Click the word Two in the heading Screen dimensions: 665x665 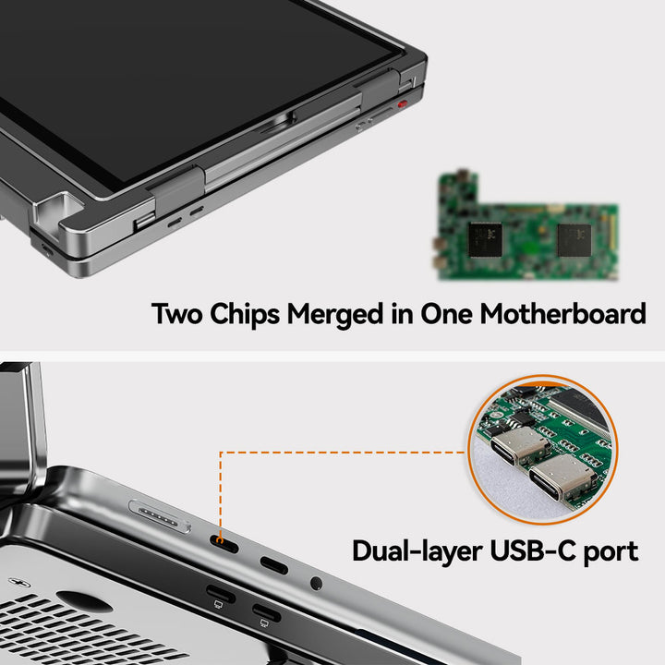(x=176, y=314)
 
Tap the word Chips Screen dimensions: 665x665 (x=245, y=314)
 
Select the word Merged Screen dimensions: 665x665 (x=335, y=315)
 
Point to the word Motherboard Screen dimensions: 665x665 (x=562, y=314)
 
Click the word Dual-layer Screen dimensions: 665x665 (x=417, y=551)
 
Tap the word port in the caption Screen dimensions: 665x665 (x=611, y=552)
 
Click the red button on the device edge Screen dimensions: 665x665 (x=402, y=103)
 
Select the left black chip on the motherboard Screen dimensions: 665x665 (x=485, y=240)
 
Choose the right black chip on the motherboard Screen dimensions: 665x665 (x=574, y=240)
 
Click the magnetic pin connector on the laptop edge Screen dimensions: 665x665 (x=160, y=516)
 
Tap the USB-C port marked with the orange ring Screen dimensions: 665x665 (x=224, y=544)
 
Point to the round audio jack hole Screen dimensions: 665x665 (x=316, y=583)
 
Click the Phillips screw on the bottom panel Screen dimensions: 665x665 (x=19, y=583)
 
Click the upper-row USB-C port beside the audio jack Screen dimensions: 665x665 (x=274, y=565)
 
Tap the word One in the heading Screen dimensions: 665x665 (x=446, y=314)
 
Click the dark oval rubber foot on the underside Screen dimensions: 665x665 (x=84, y=601)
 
